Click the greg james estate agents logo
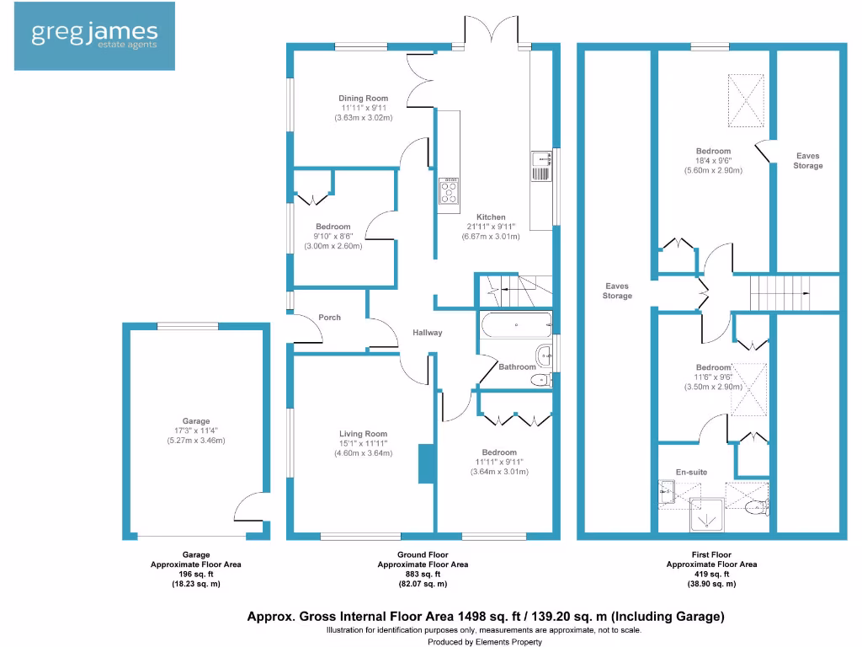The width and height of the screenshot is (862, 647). coord(94,35)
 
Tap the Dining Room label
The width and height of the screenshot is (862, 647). coord(364,99)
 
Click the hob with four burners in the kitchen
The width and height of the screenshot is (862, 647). coord(449,191)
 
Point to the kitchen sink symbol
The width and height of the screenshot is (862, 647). coord(540,165)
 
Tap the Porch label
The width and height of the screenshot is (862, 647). coord(329,318)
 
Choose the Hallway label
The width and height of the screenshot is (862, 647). coord(427,333)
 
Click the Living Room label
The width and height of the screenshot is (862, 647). coord(364,435)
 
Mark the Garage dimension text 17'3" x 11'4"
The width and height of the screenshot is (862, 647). coord(196,430)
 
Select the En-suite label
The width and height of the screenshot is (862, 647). coord(691,473)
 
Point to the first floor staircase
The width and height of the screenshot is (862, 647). coord(779,294)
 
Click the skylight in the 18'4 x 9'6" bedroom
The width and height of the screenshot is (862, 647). coord(745,99)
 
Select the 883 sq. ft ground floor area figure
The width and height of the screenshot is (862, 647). coord(423,575)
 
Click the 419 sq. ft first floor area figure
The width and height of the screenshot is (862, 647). coord(711,575)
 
